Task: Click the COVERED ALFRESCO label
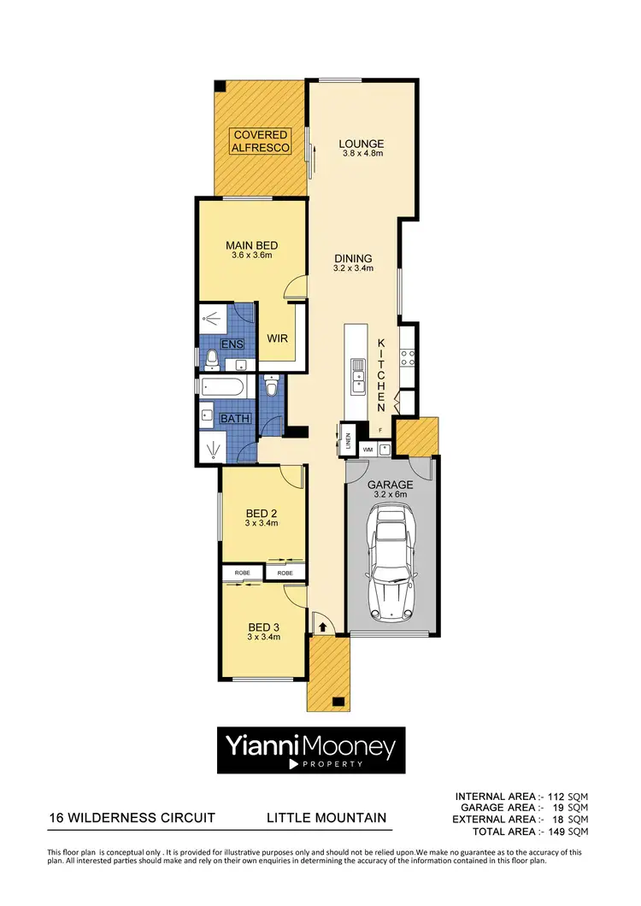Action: (261, 141)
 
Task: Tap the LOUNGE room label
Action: (361, 144)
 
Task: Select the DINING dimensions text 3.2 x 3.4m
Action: (353, 269)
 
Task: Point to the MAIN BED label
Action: (251, 245)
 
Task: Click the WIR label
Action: (276, 338)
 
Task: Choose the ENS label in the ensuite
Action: (232, 344)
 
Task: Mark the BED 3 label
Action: (262, 625)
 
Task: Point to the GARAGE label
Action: (391, 484)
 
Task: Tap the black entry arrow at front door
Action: (323, 627)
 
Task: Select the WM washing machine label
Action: (368, 448)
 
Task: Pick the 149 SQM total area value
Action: (568, 831)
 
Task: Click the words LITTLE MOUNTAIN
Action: (326, 818)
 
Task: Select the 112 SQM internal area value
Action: (568, 797)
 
